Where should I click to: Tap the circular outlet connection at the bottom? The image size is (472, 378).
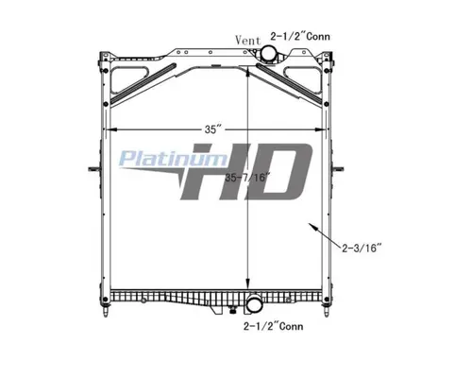[x=256, y=305]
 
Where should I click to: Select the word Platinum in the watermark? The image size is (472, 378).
[x=157, y=159]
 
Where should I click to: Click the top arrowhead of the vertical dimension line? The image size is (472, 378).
[x=247, y=76]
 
